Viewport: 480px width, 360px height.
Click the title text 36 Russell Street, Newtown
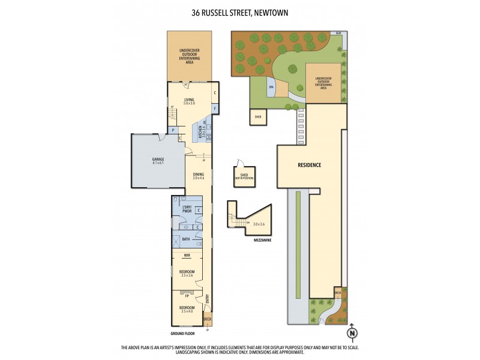[240, 12]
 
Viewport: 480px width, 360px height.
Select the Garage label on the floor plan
[158, 161]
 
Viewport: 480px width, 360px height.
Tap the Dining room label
[198, 176]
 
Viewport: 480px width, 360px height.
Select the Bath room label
[187, 239]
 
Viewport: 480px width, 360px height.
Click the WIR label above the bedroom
[187, 256]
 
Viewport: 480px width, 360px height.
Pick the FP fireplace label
[187, 296]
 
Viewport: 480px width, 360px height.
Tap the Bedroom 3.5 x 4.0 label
[187, 310]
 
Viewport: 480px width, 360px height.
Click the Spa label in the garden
[271, 87]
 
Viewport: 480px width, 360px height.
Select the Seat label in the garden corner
[338, 32]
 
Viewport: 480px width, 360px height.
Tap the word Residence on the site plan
[310, 165]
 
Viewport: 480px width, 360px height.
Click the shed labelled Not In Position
[240, 176]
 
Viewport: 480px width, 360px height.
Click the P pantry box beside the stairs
[173, 130]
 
